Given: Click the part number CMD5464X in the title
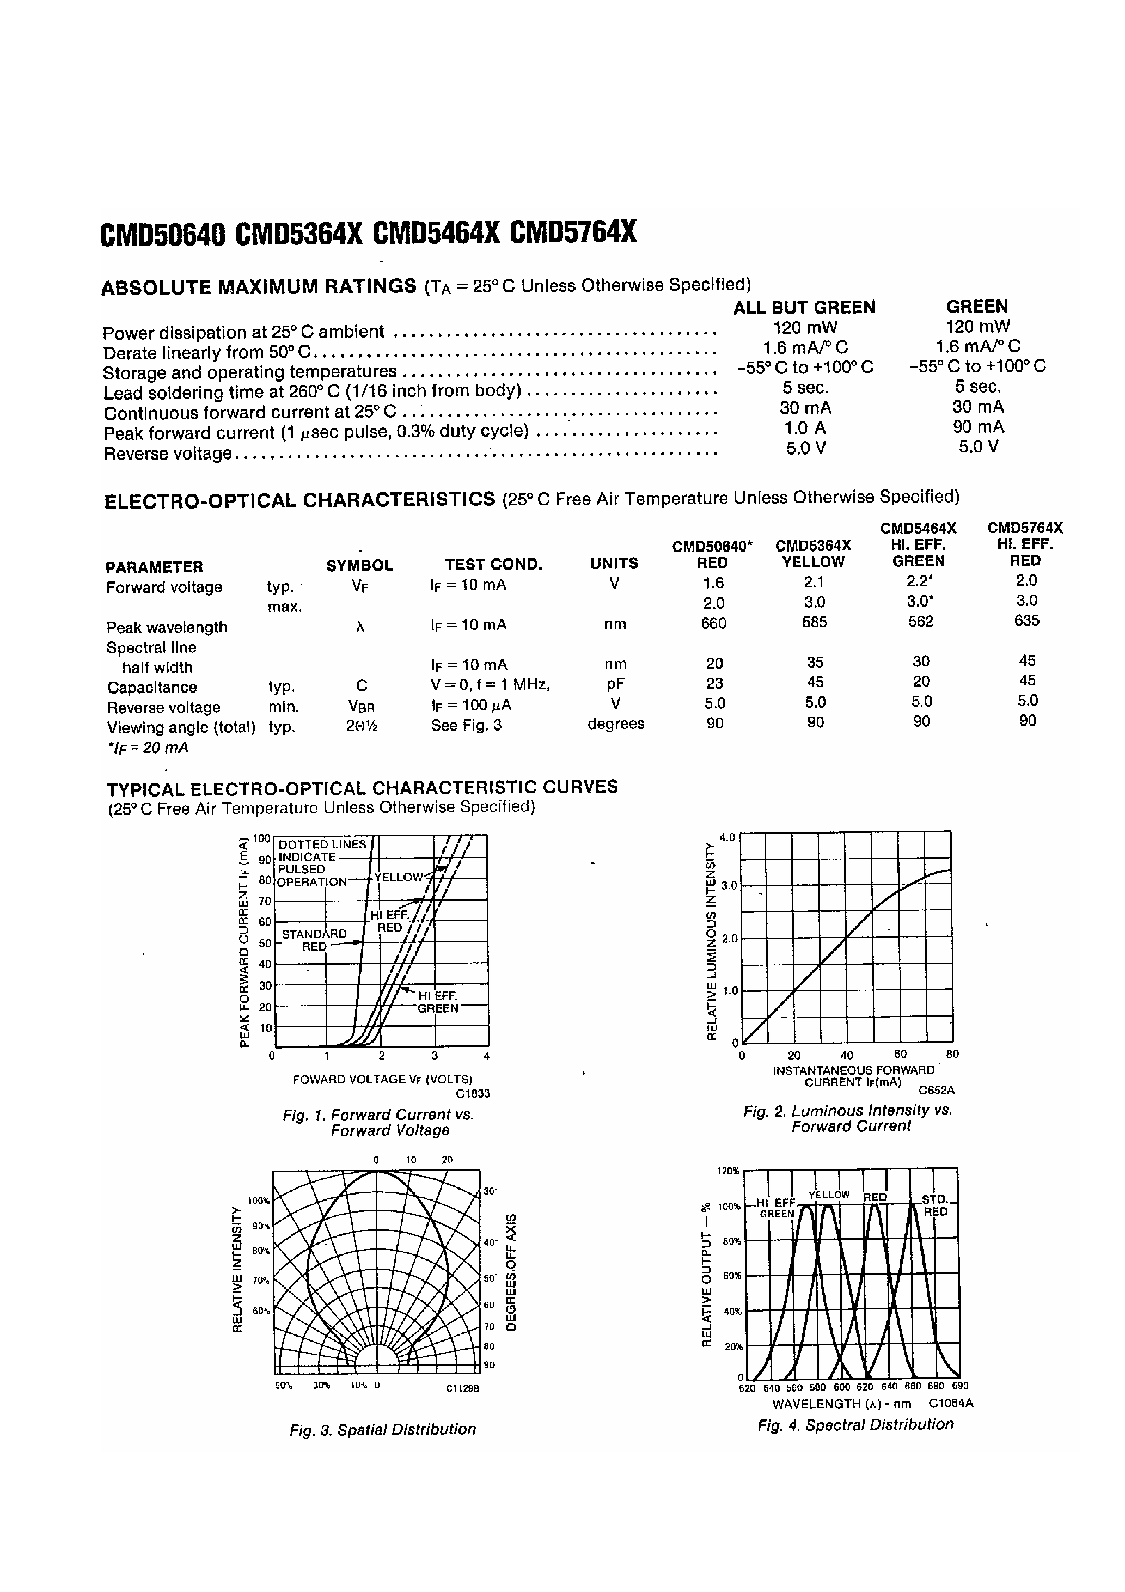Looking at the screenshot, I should [x=436, y=233].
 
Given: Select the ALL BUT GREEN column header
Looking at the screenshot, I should [x=805, y=308].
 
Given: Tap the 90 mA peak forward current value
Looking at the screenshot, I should [x=978, y=427].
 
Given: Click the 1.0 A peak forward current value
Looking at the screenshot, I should [x=805, y=428].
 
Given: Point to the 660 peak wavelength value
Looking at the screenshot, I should [x=714, y=623].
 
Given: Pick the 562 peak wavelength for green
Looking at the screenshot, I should [x=920, y=622].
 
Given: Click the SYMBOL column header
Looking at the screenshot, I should [x=359, y=565].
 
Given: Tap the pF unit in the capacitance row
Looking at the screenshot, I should [x=615, y=684].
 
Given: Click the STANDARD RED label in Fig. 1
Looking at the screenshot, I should [x=314, y=940].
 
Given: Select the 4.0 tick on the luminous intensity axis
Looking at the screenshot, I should [x=727, y=837].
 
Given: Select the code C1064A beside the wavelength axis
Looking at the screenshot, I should [x=951, y=1404].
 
